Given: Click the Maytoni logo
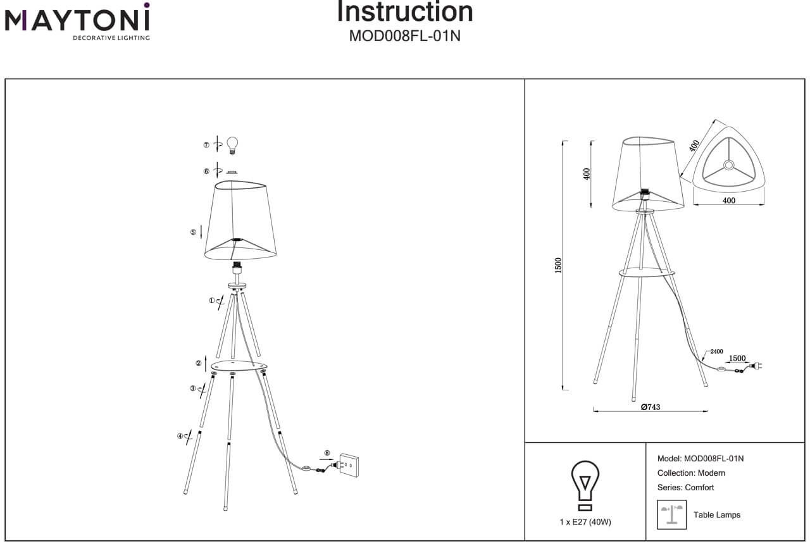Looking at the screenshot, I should [x=77, y=22].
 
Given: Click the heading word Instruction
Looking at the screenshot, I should [x=405, y=11].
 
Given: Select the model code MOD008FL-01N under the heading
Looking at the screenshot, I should [x=405, y=36].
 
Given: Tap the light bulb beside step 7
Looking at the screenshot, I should [x=232, y=145].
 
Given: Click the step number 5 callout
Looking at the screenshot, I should [x=193, y=232].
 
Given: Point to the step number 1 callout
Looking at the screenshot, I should [x=212, y=301].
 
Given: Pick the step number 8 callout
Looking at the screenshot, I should [x=327, y=453].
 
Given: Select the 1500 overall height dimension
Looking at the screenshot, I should [x=558, y=266].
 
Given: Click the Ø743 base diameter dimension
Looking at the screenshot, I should [x=650, y=407].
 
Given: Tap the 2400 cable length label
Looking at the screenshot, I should [x=716, y=351].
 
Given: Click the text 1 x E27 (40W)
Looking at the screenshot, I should [x=585, y=522].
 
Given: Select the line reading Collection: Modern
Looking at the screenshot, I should [x=691, y=473].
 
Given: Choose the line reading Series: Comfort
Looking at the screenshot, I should [x=685, y=488].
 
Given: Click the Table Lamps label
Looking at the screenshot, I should [x=717, y=515].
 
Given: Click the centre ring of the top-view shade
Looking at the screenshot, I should [x=728, y=166].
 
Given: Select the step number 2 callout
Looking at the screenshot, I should [x=198, y=363].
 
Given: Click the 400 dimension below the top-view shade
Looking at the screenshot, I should [x=728, y=201].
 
